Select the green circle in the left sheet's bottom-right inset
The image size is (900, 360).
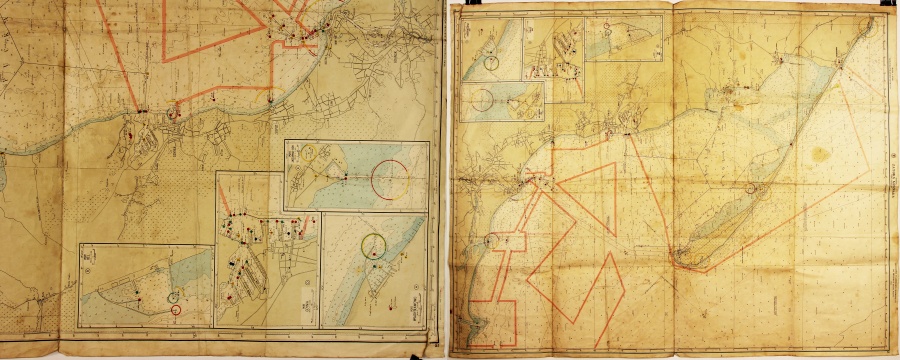click(x=374, y=242)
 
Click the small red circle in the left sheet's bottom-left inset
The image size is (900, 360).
click(x=177, y=311)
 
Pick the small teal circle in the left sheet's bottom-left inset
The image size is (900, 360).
click(x=175, y=296)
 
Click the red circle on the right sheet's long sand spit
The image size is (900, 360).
click(x=752, y=186)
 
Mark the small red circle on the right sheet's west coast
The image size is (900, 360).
click(x=490, y=238)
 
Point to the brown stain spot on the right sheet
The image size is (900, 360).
click(x=822, y=154)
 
